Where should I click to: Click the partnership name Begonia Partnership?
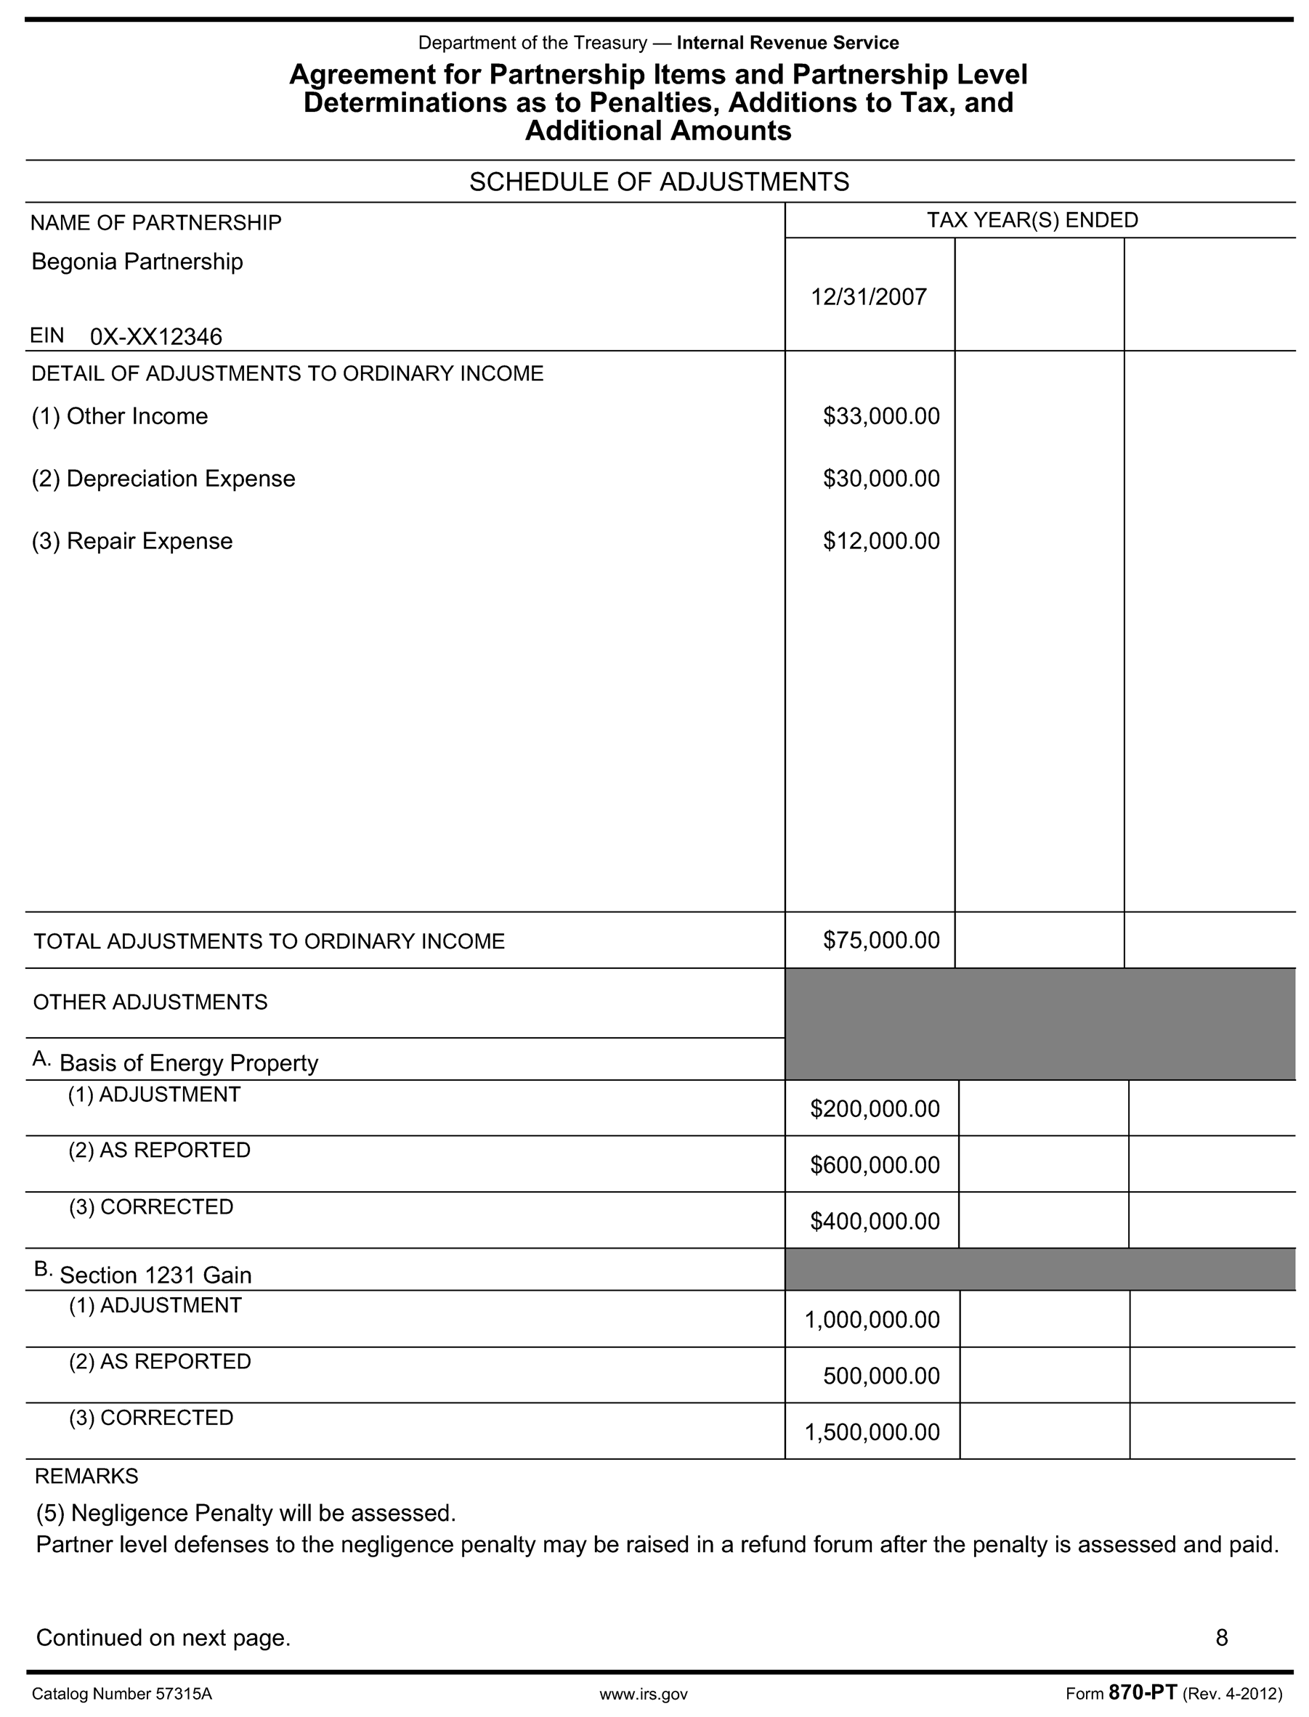(137, 261)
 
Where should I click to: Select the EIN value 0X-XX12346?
(156, 336)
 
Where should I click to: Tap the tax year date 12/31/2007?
(869, 297)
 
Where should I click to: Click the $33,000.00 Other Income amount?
(881, 416)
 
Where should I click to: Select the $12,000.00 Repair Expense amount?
(881, 540)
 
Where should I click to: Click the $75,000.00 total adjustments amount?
(881, 941)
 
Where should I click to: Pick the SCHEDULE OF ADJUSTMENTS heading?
(658, 182)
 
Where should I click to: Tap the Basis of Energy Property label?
(189, 1063)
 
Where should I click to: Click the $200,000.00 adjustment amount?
(875, 1108)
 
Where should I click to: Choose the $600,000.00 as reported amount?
(875, 1165)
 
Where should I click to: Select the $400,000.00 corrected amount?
(875, 1221)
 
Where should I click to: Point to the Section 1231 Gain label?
(156, 1275)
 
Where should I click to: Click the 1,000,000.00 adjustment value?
(872, 1320)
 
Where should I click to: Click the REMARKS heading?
(86, 1477)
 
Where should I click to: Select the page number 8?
(1222, 1638)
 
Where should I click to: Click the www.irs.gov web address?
(644, 1694)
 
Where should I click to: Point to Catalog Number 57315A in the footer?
(121, 1694)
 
